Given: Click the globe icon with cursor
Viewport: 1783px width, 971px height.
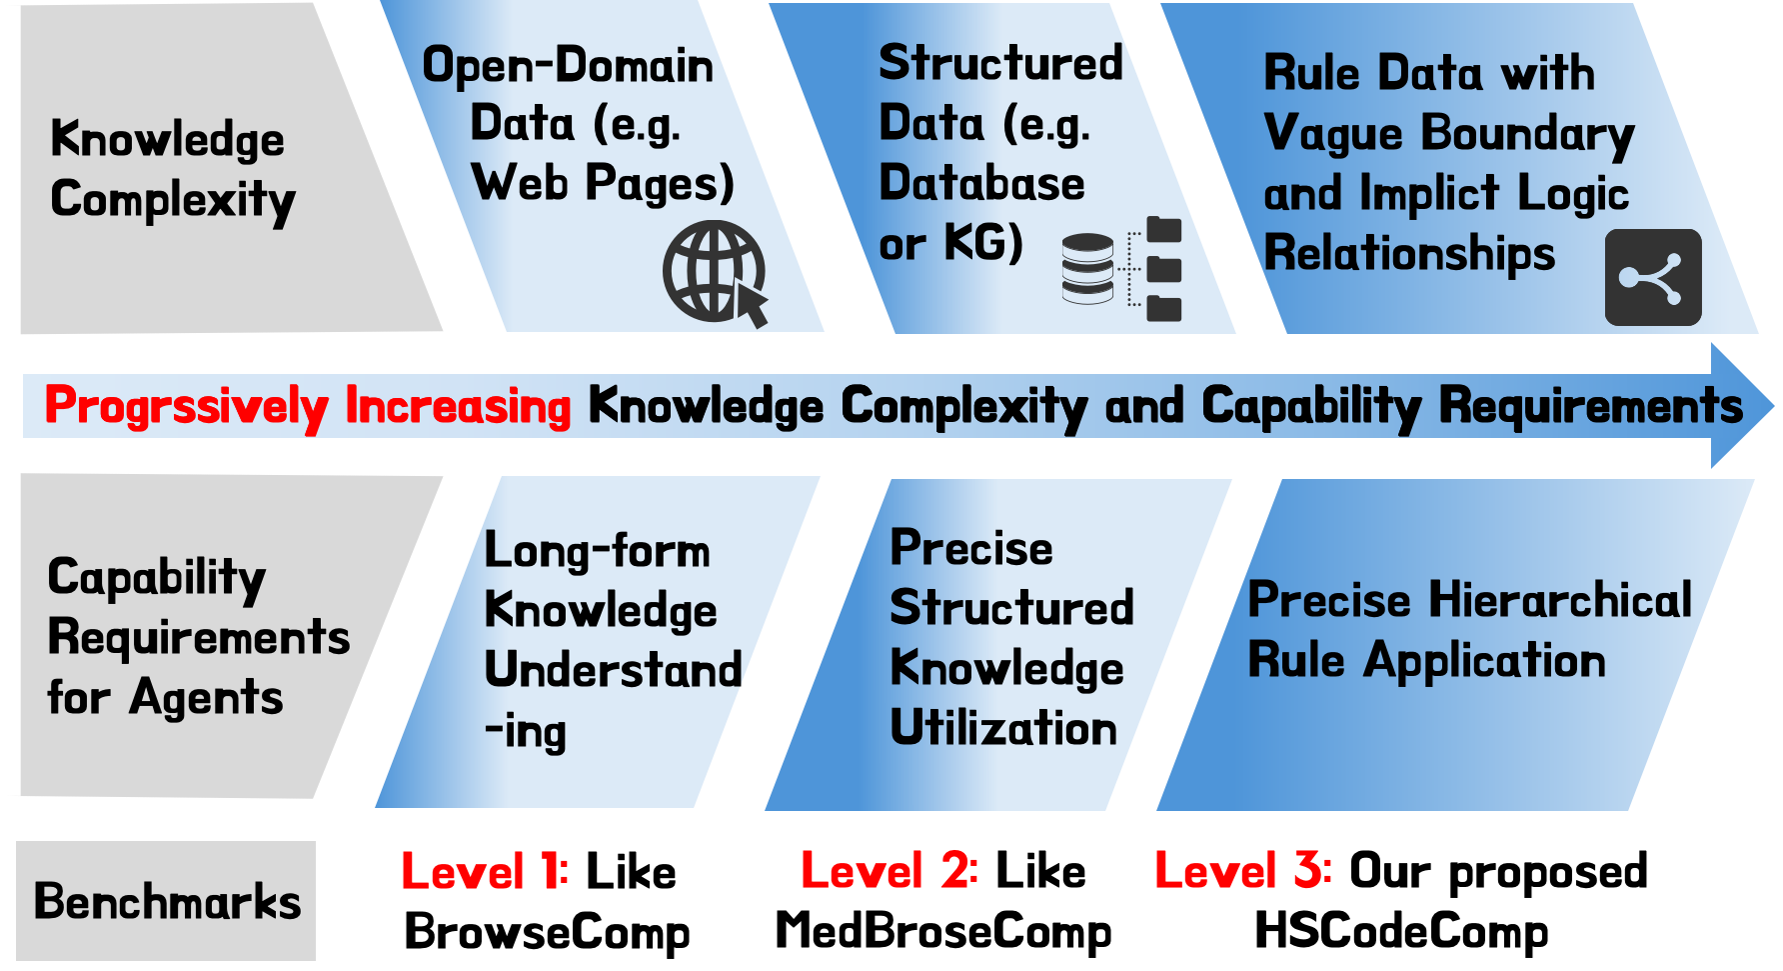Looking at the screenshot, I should [715, 272].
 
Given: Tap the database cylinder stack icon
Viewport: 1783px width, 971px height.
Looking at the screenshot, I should [1087, 268].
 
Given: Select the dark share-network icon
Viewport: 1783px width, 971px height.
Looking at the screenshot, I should [1652, 277].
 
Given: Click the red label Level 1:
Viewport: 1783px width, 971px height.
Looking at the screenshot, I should [485, 871].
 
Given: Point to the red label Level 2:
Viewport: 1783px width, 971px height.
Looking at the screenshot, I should [890, 870].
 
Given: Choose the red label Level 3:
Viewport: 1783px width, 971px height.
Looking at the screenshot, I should [1243, 870].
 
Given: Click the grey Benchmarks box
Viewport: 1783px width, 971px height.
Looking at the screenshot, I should [167, 901].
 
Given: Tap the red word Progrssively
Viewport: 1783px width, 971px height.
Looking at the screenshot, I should [187, 407].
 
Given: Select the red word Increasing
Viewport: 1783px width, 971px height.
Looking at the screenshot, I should [458, 407].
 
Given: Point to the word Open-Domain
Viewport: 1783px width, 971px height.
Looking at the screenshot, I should [568, 66].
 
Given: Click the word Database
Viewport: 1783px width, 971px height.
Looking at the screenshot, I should [981, 184].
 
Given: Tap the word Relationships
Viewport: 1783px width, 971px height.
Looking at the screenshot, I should [1409, 253].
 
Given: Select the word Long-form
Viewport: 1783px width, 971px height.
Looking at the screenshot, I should [597, 551].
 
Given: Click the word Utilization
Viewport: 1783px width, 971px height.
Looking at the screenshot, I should [1003, 728].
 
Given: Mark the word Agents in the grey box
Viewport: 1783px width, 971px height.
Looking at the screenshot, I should [206, 698].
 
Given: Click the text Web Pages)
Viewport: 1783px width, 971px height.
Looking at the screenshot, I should [603, 184].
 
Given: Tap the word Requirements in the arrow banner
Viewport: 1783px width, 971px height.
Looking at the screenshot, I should [1590, 407].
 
